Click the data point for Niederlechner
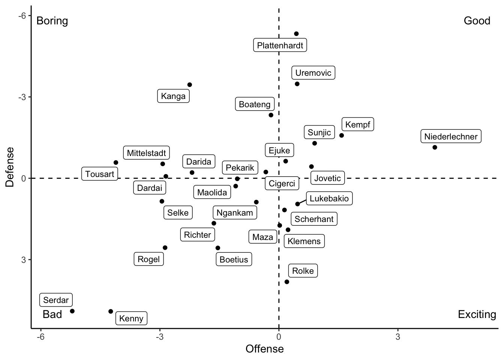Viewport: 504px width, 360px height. pos(435,147)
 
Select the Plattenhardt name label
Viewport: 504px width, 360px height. pos(280,46)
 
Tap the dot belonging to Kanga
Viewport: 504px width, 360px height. pos(190,85)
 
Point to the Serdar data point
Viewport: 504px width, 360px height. pos(72,311)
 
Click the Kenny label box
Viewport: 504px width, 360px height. pos(131,319)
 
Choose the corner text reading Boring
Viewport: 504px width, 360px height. pos(52,21)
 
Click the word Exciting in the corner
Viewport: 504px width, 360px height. pos(477,314)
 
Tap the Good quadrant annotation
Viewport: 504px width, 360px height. pos(477,21)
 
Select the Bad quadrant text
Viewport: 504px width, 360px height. pos(52,314)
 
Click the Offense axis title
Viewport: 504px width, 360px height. pos(264,349)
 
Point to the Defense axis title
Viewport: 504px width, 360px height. pos(10,167)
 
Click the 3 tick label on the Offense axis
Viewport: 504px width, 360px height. pos(397,337)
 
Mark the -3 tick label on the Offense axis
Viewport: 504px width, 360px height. pos(160,337)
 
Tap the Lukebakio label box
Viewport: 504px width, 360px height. pos(329,199)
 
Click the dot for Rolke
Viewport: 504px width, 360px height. pos(287,282)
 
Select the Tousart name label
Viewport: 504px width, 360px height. pos(100,174)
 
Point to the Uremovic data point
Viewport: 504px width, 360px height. pos(297,84)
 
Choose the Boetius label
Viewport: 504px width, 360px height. pos(234,259)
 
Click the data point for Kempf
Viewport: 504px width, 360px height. pos(342,135)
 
